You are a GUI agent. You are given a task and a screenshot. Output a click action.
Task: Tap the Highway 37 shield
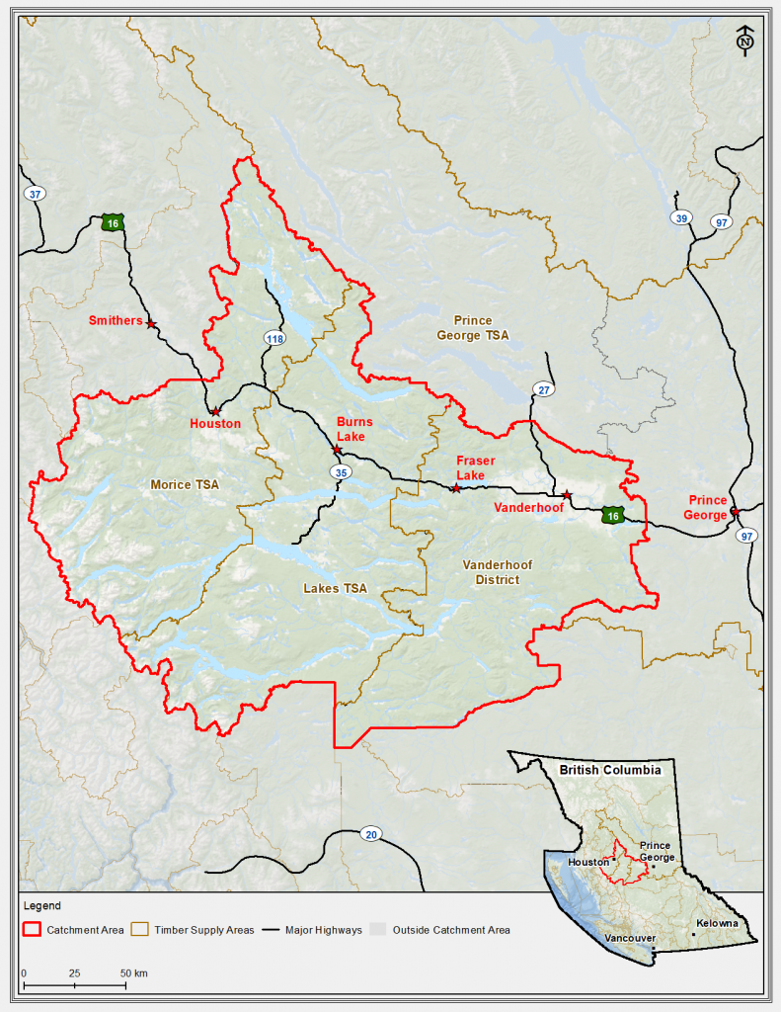[x=36, y=194]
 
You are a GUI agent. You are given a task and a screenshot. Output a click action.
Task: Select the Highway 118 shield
[x=273, y=339]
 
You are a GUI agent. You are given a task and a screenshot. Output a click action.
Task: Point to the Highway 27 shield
[x=542, y=388]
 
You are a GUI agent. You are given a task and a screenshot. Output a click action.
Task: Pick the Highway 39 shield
[x=680, y=218]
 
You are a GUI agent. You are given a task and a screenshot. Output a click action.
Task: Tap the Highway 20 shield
[x=371, y=832]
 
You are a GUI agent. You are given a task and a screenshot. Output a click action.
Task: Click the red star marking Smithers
[x=151, y=324]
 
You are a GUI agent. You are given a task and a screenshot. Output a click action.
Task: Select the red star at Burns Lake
[x=337, y=450]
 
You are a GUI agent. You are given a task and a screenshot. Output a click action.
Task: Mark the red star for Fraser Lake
[x=455, y=488]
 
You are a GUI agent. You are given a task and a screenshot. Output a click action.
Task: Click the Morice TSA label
[x=185, y=484]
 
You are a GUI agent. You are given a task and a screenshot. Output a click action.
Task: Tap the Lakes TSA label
[x=335, y=588]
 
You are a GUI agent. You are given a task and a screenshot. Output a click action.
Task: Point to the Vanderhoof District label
[x=498, y=572]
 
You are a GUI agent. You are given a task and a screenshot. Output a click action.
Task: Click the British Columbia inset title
[x=610, y=769]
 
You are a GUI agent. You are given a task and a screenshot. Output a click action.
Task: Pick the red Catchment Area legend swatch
[x=33, y=930]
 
